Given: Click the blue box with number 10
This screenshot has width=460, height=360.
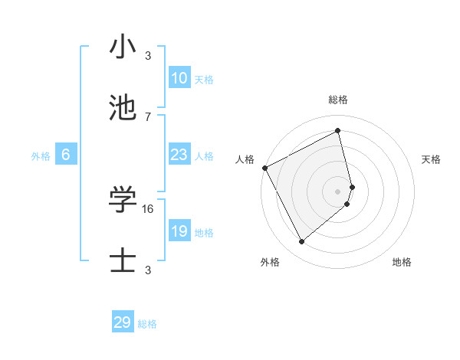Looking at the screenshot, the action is [x=179, y=78].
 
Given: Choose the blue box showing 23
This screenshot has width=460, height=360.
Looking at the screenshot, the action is [x=179, y=155].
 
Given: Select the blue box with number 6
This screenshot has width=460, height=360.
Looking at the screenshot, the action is [x=66, y=155].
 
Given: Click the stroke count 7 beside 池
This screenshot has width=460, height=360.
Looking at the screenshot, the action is [x=148, y=116].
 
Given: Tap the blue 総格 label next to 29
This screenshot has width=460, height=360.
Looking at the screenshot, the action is [x=147, y=324].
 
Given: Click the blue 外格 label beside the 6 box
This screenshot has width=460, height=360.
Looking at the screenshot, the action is [x=41, y=156].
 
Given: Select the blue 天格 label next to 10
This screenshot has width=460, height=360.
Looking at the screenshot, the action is [x=203, y=80].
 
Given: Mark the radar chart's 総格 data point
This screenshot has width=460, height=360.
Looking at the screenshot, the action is [x=338, y=131].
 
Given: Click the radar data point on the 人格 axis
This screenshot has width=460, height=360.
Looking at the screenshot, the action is [x=264, y=167].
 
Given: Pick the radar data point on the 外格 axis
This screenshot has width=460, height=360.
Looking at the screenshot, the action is [x=301, y=242].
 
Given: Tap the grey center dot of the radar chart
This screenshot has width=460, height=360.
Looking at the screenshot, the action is [x=338, y=190].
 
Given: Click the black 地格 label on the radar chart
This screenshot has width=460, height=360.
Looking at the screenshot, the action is [x=402, y=262].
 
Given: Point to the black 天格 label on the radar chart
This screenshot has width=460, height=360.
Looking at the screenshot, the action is [x=432, y=159].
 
